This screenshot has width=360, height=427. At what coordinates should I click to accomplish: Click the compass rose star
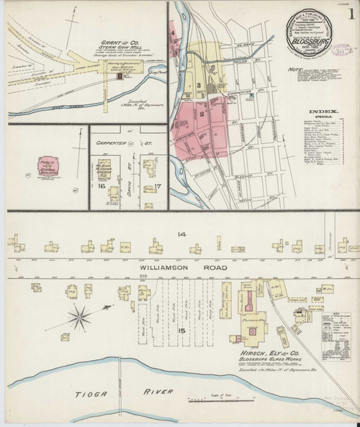[81, 313]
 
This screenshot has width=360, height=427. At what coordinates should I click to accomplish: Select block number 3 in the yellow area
[197, 86]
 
